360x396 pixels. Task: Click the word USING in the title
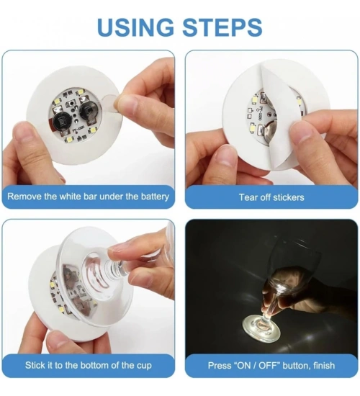click(x=135, y=27)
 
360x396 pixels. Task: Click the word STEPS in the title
click(x=222, y=27)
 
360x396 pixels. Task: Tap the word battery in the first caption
click(x=155, y=197)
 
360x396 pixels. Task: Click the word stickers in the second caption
click(x=289, y=197)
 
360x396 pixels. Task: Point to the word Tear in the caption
click(x=248, y=197)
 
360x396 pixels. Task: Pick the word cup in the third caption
click(x=145, y=366)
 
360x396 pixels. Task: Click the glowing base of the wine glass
click(x=261, y=328)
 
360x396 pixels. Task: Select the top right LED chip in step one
click(x=81, y=91)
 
